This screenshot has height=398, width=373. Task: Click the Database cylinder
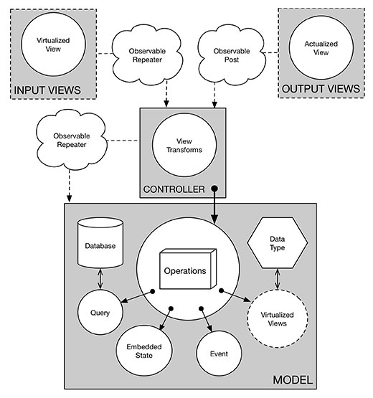tap(100, 242)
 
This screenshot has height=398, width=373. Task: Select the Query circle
tap(100, 312)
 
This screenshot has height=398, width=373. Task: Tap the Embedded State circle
tap(144, 351)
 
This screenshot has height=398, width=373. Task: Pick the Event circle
tap(219, 354)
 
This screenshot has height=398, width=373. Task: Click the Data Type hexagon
tap(278, 243)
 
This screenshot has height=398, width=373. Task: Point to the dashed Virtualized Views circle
tap(278, 319)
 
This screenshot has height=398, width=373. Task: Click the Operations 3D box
tap(188, 269)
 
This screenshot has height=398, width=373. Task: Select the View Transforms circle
tap(184, 145)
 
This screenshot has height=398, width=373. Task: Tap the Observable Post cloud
tap(232, 55)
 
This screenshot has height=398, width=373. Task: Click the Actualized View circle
tap(321, 48)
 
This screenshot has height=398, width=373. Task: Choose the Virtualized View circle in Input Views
tap(53, 44)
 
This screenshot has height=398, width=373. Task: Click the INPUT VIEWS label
tap(47, 90)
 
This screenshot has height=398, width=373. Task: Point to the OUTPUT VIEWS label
tap(321, 89)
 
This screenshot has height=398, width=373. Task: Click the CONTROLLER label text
tap(174, 189)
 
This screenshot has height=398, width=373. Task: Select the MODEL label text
tap(293, 380)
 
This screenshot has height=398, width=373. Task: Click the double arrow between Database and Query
tap(100, 279)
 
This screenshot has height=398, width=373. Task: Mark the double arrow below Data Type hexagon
tap(278, 279)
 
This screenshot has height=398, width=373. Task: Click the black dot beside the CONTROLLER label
tap(214, 189)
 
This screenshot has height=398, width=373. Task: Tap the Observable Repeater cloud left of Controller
tap(72, 140)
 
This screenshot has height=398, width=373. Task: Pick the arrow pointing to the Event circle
tap(206, 320)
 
